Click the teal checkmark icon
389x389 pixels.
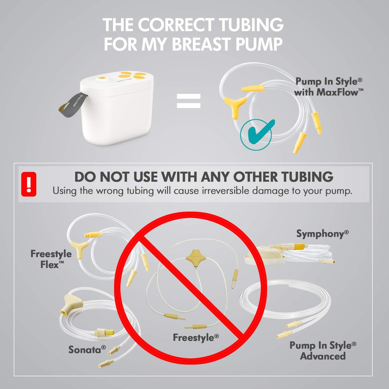256,134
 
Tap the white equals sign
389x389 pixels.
189,101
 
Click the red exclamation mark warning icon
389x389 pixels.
29,184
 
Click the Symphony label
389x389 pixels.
322,234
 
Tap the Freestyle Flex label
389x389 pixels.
51,259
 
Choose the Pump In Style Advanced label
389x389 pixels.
323,351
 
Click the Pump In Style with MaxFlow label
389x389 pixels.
329,87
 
